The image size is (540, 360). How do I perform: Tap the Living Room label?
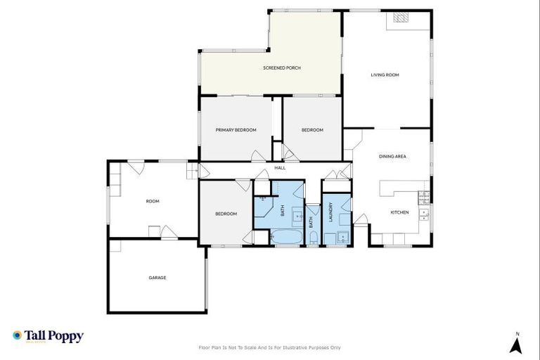pos(385,75)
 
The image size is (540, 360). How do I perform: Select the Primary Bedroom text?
pos(236,130)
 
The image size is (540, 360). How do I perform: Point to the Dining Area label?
pos(392,156)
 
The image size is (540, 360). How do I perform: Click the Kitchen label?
pos(399,212)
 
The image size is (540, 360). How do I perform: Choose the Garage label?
pos(157,278)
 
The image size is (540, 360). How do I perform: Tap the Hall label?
pos(280,168)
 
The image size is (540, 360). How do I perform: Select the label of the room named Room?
pos(152,201)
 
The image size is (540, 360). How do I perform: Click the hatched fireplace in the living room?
pos(401,19)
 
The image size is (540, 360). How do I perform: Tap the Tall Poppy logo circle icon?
pos(17,336)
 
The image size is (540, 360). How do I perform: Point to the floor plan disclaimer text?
pos(270,347)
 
